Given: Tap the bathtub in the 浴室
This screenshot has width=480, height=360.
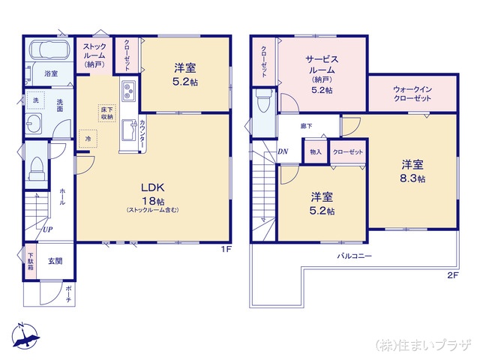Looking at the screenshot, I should [x=48, y=53].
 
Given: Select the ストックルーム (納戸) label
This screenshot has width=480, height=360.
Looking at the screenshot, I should [x=94, y=54].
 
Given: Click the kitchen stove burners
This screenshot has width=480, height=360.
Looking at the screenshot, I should [x=127, y=92].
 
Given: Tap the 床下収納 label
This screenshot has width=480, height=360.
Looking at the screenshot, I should [x=106, y=113].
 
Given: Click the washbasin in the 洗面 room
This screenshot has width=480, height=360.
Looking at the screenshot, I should [x=34, y=124].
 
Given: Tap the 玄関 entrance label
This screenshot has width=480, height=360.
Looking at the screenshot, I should [x=55, y=261].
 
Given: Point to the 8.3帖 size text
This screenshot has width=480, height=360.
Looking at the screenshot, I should [x=412, y=179].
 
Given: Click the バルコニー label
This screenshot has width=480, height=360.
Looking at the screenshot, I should [x=354, y=256].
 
